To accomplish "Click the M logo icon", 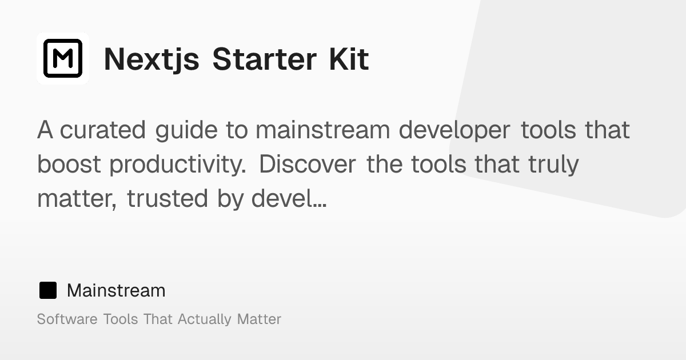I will pyautogui.click(x=63, y=58).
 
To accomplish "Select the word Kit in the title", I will pyautogui.click(x=348, y=59).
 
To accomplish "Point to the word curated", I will pyautogui.click(x=103, y=130).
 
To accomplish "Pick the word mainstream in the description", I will pyautogui.click(x=323, y=130).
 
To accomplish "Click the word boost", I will pyautogui.click(x=70, y=165).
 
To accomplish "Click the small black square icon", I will pyautogui.click(x=47, y=290).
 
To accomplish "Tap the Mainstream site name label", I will pyautogui.click(x=116, y=290).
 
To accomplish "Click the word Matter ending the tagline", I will pyautogui.click(x=259, y=319).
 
